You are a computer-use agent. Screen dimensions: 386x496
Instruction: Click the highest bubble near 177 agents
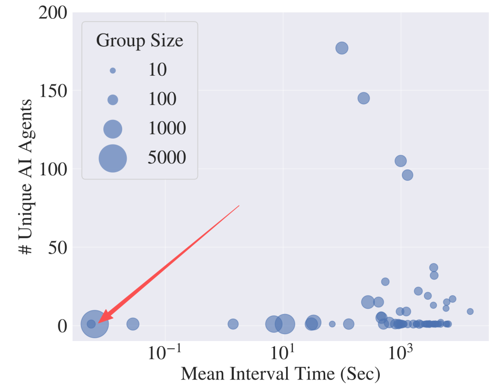[x=342, y=48]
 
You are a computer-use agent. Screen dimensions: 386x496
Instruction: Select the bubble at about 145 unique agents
[x=364, y=98]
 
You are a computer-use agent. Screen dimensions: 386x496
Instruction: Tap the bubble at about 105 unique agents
[x=400, y=161]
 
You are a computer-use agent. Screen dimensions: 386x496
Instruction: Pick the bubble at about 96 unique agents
[x=407, y=175]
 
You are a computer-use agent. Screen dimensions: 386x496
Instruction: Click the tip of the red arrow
[x=99, y=322]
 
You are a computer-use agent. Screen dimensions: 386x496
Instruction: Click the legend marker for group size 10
[x=113, y=70]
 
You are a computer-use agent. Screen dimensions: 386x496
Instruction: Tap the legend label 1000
[x=167, y=129]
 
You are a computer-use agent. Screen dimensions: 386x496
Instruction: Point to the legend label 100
[x=162, y=99]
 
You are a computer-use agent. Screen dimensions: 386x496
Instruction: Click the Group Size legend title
[x=140, y=41]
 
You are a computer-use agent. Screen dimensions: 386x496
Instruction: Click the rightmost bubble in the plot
[x=470, y=311]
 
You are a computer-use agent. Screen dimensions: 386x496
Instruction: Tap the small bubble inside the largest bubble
[x=91, y=324]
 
